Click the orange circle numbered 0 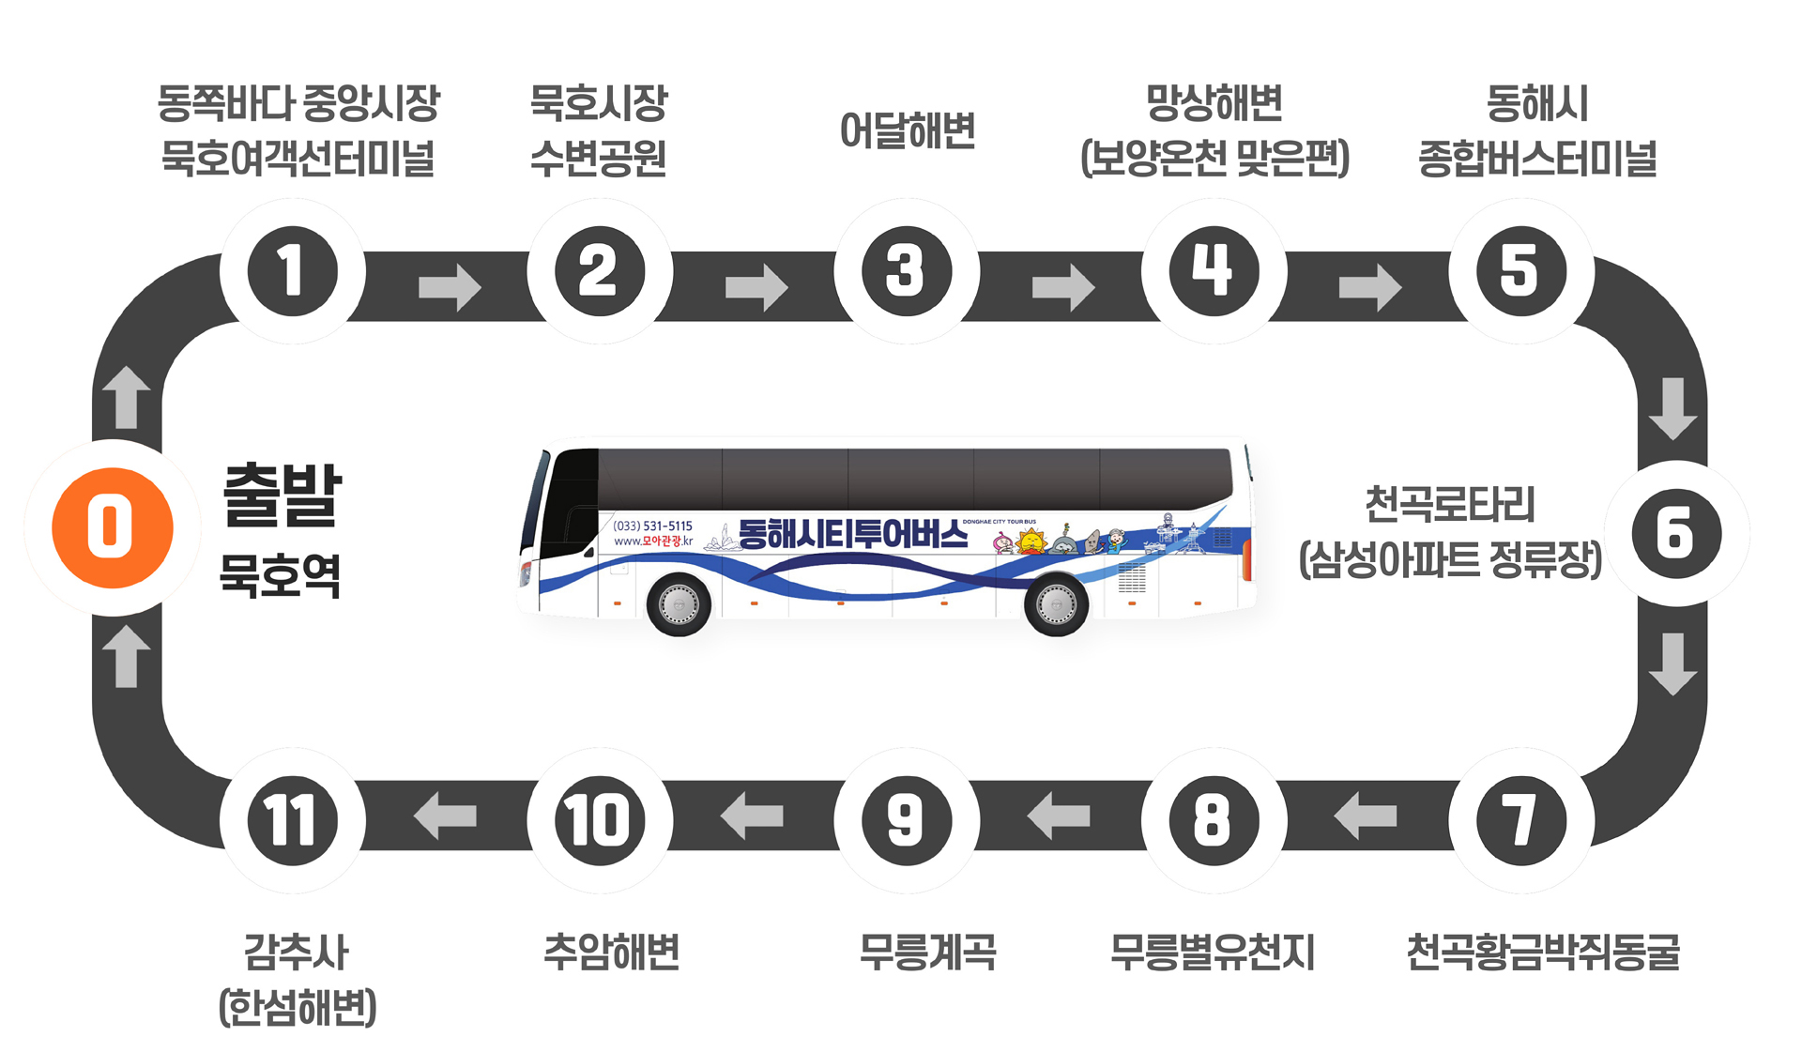112,527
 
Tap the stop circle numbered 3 906,271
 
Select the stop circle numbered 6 1676,533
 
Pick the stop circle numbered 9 906,820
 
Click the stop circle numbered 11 292,820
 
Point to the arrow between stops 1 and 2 449,286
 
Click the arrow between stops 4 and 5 1369,286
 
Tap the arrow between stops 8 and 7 1366,816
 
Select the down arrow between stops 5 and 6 1672,408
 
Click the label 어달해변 908,130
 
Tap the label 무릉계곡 927,952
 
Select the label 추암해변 611,952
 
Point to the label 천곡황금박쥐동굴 1542,952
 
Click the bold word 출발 282,495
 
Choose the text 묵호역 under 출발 280,574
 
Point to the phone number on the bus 652,526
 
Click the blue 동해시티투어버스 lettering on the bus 852,534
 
